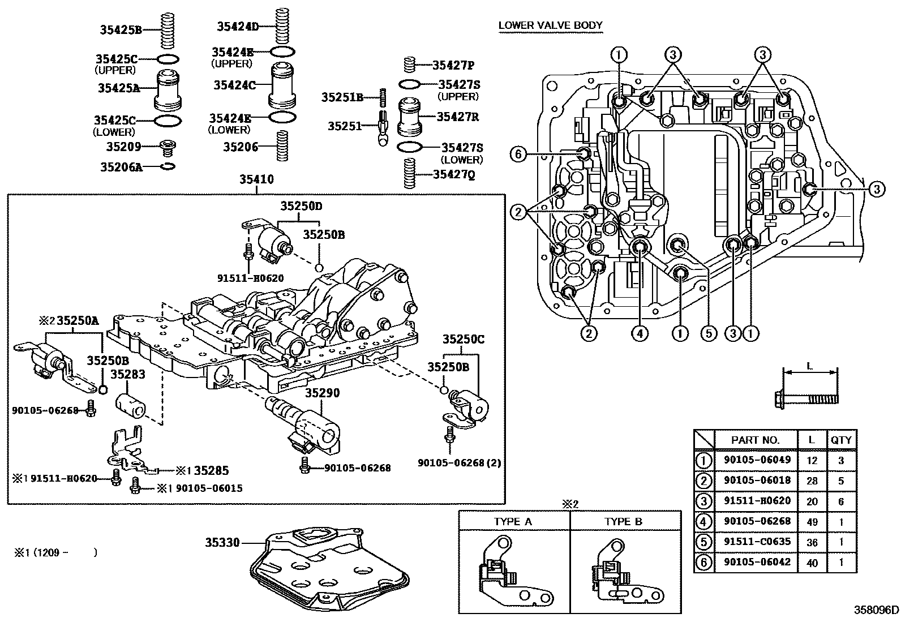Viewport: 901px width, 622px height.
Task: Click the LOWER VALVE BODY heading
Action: click(550, 25)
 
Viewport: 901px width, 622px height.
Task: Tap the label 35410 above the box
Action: click(256, 181)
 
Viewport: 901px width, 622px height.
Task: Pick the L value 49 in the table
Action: click(812, 521)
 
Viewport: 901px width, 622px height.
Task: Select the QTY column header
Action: click(841, 440)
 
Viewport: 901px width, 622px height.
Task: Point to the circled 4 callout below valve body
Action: click(640, 334)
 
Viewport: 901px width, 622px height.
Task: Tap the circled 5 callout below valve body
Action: click(709, 334)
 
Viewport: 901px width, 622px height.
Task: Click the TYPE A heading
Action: click(513, 522)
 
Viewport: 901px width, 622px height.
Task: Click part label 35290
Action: click(322, 392)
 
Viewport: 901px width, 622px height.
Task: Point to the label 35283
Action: click(127, 374)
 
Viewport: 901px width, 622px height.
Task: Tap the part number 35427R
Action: click(458, 117)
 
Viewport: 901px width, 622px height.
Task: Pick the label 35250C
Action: click(463, 339)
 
